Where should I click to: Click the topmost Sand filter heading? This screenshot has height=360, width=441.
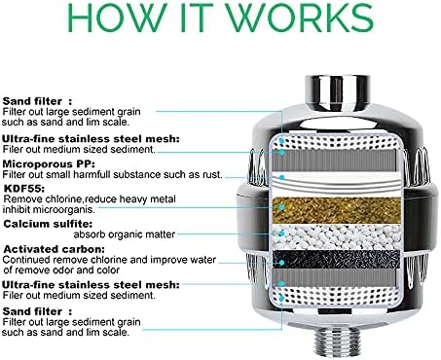[x=35, y=100]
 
